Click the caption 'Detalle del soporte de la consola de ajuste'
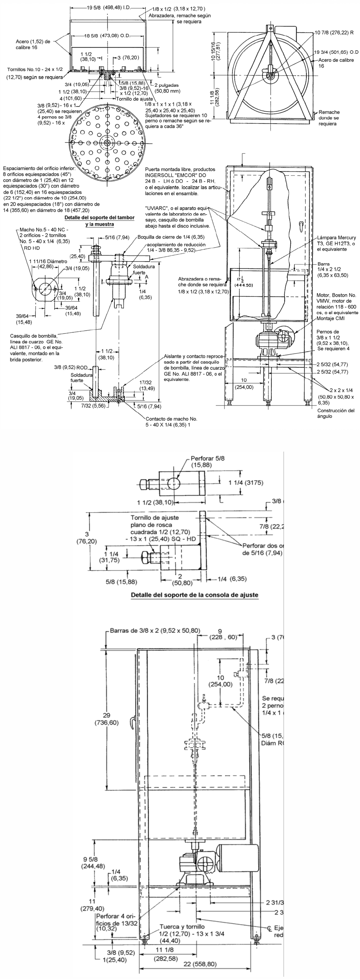(x=195, y=595)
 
